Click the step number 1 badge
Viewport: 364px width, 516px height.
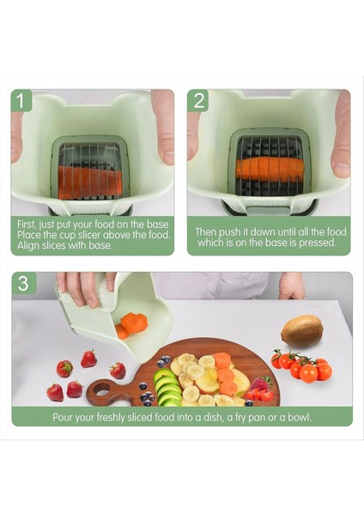pos(21,101)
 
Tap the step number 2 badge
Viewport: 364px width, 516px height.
pos(198,101)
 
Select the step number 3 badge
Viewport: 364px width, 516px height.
pos(23,283)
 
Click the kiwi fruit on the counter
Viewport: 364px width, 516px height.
pos(302,331)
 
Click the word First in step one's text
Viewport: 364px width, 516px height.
pos(27,224)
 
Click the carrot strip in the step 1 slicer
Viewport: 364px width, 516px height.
pos(90,182)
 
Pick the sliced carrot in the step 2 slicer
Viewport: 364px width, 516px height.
pos(270,169)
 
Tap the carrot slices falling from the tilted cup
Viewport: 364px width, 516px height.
pos(131,325)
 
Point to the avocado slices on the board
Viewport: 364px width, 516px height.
pos(167,388)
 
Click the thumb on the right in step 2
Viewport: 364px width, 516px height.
pos(341,134)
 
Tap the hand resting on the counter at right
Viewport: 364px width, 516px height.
pos(292,286)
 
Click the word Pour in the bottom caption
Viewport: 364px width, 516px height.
pos(63,418)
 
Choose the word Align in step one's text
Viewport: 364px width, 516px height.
pos(28,246)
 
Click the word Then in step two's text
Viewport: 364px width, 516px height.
pos(206,232)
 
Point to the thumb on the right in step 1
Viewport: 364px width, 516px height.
pos(163,127)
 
